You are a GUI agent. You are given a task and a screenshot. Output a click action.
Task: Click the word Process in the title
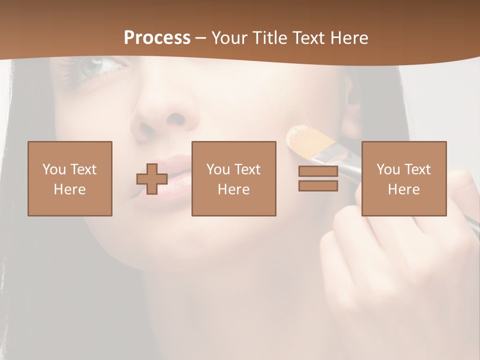point(157,37)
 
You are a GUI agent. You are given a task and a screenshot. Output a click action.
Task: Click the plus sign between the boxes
point(152,179)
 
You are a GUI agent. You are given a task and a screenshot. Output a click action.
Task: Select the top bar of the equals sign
point(318,171)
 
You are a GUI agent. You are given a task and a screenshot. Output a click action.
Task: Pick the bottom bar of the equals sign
point(318,186)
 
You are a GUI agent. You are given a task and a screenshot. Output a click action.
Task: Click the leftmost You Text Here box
point(69,178)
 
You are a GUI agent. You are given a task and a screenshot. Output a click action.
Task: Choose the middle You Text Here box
point(233,178)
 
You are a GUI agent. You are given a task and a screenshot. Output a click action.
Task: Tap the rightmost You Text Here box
point(403,178)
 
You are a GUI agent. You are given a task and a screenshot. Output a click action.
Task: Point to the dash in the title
point(200,38)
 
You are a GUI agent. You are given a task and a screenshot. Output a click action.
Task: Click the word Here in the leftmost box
point(69,189)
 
